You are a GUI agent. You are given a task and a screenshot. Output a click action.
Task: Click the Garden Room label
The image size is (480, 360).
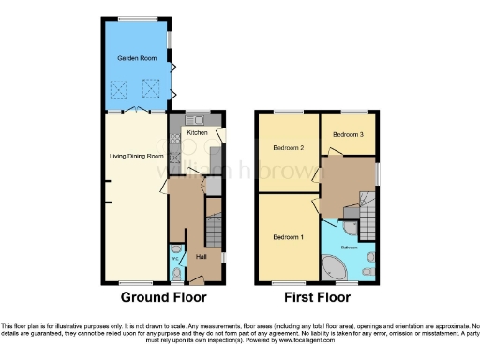pos(134,58)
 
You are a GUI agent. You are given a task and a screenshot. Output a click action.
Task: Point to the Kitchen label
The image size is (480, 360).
pos(198,132)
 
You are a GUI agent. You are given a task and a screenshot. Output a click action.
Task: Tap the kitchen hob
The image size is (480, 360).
pos(175,137)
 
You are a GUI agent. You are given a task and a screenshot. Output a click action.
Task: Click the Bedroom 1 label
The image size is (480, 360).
pos(288,235)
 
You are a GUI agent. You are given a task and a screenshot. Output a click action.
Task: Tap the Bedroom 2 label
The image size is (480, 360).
pos(290,148)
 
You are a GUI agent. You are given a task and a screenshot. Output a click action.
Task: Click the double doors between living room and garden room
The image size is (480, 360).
pos(139,111)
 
